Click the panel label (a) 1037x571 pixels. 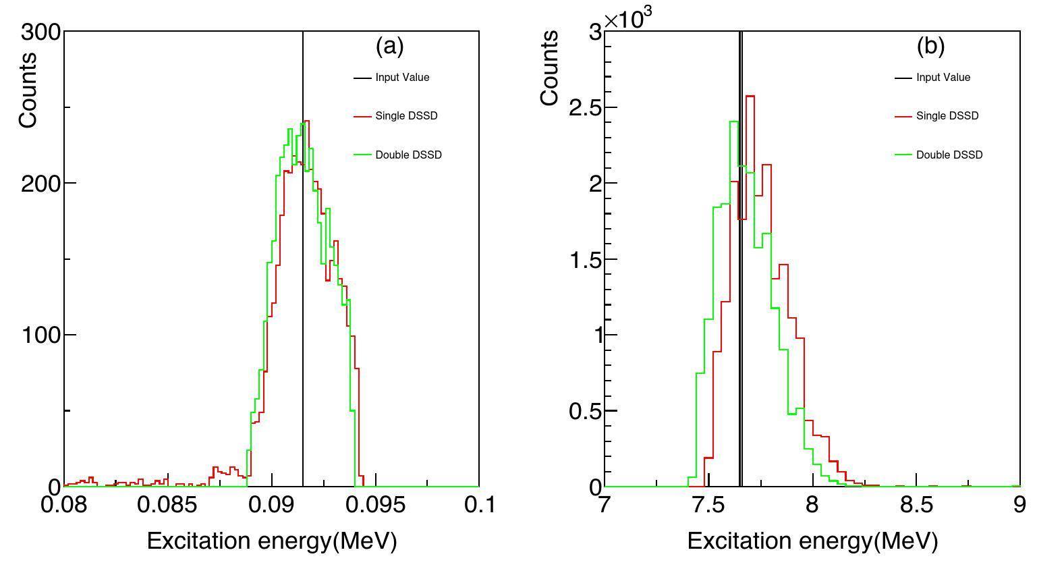click(389, 46)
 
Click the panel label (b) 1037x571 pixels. click(930, 46)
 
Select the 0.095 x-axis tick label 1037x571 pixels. click(374, 505)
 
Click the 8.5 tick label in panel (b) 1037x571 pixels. click(916, 505)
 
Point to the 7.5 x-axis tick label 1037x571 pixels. click(708, 505)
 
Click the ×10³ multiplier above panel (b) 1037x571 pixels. click(628, 18)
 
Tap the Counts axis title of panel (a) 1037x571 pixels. click(28, 90)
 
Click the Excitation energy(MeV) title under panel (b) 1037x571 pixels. click(812, 541)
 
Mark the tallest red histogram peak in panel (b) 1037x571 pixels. click(750, 97)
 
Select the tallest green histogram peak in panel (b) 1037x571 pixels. click(733, 122)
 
